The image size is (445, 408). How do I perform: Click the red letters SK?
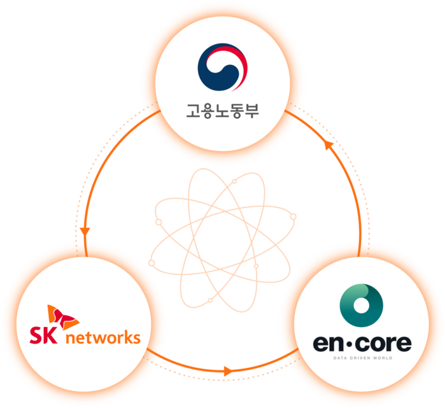click(42, 335)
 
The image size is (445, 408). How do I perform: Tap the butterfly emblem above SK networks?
click(62, 314)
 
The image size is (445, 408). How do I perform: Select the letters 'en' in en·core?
click(328, 344)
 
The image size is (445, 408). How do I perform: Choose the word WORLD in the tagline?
click(383, 358)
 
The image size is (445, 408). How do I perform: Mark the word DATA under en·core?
click(341, 358)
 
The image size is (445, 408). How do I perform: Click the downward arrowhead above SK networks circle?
click(83, 234)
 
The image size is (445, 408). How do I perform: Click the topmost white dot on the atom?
click(234, 182)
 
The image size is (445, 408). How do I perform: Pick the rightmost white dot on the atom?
click(293, 216)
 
